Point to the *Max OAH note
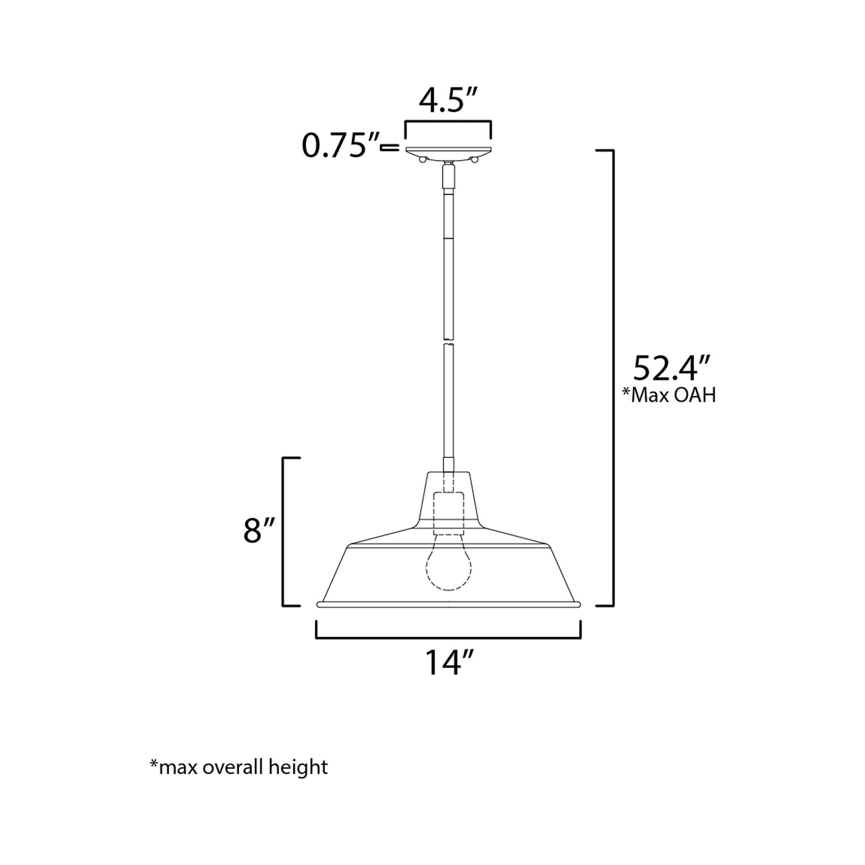pyautogui.click(x=669, y=396)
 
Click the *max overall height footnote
pyautogui.click(x=239, y=767)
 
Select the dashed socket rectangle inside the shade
pyautogui.click(x=448, y=513)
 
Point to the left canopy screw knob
pyautogui.click(x=423, y=159)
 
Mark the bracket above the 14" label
pyautogui.click(x=448, y=637)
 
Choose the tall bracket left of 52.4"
pyautogui.click(x=611, y=377)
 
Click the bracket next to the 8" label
pyautogui.click(x=284, y=532)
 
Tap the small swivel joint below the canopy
pyautogui.click(x=448, y=175)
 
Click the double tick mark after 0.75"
pyautogui.click(x=390, y=146)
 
